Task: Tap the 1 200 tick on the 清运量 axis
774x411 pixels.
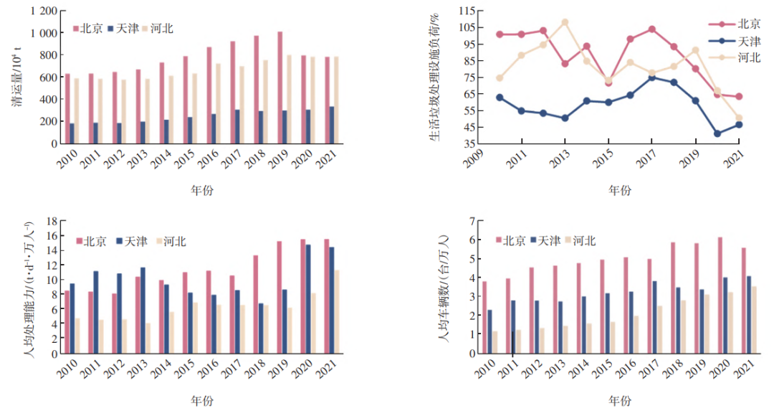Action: pyautogui.click(x=41, y=11)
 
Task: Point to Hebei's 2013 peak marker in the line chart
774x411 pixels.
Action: pyautogui.click(x=565, y=22)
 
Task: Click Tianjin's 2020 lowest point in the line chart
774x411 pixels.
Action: pyautogui.click(x=717, y=133)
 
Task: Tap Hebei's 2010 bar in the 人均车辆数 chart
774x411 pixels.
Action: pyautogui.click(x=494, y=341)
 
